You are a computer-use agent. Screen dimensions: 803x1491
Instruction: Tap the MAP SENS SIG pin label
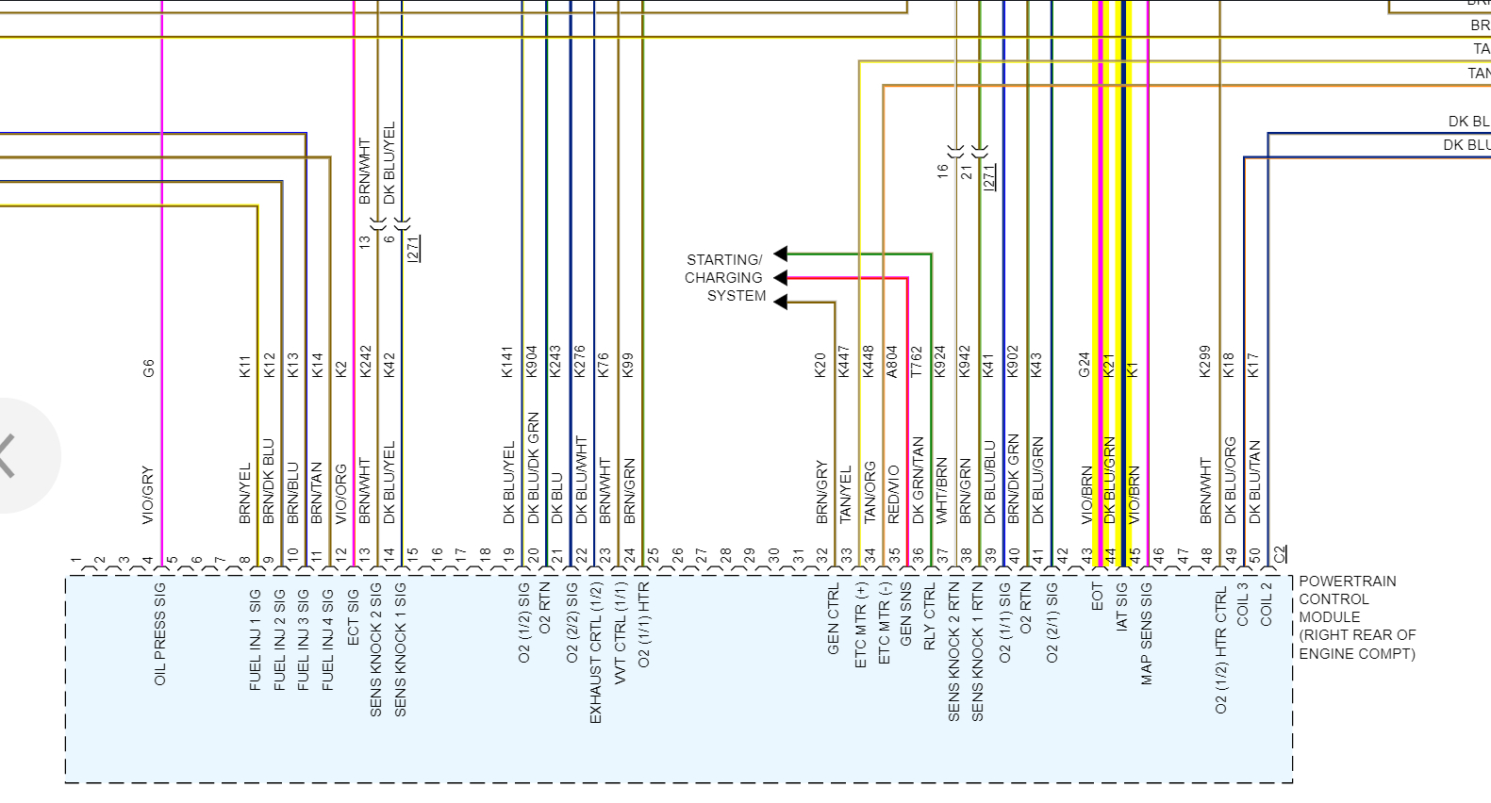(x=1147, y=633)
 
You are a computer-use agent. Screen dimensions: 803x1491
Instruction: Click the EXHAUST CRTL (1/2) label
(x=595, y=652)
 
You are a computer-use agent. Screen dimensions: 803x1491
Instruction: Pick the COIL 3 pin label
(x=1243, y=604)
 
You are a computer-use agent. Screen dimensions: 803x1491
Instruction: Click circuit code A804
(x=892, y=362)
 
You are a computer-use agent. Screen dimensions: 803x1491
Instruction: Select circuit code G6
(x=148, y=369)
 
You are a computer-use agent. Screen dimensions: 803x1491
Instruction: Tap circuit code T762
(x=917, y=362)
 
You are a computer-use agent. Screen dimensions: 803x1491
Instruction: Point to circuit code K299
(x=1204, y=362)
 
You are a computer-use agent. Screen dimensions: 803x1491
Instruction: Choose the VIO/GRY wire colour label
(x=148, y=495)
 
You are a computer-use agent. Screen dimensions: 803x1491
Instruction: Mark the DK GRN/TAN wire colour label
(x=918, y=481)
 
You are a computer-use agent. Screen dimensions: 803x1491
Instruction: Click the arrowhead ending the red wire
(x=781, y=278)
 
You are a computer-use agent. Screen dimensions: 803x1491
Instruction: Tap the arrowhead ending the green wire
(x=781, y=254)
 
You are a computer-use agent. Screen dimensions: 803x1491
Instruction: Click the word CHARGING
(x=723, y=278)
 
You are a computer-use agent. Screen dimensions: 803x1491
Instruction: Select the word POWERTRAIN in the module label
(x=1348, y=582)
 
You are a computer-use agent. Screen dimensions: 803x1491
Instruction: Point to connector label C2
(x=1280, y=554)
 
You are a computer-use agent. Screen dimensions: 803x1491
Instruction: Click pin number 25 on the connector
(x=653, y=555)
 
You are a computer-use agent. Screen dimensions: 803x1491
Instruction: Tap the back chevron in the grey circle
(x=7, y=456)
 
